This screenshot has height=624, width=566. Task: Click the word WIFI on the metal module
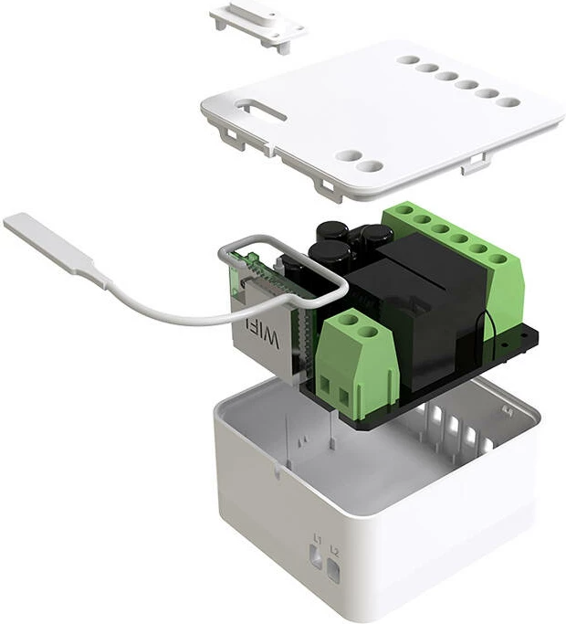pos(267,339)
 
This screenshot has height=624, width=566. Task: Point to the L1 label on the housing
pos(317,537)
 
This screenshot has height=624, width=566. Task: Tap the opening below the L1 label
pos(317,555)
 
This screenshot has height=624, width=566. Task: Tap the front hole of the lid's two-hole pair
pos(369,166)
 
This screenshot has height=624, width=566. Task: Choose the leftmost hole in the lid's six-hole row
pos(406,60)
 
